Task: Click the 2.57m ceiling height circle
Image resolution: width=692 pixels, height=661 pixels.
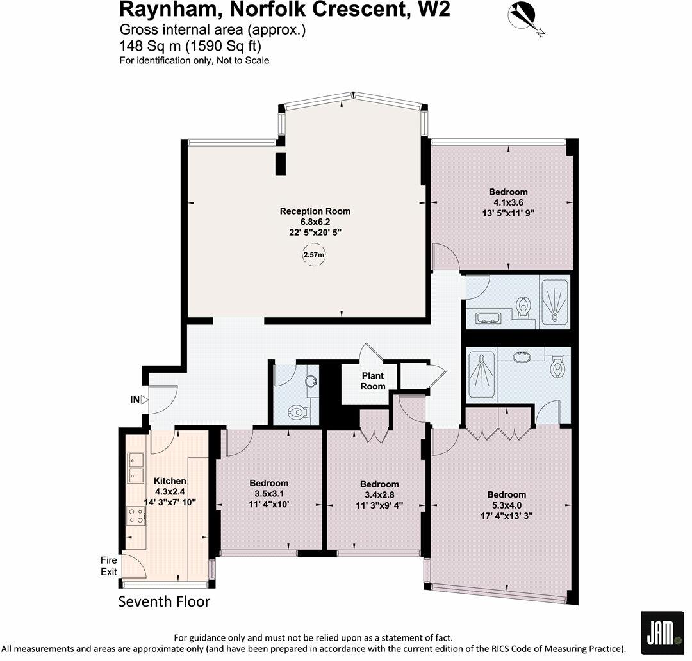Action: [313, 255]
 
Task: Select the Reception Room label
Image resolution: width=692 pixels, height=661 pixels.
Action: [315, 211]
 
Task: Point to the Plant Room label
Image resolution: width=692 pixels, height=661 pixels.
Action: [373, 381]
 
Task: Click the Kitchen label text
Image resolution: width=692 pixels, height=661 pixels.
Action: [170, 481]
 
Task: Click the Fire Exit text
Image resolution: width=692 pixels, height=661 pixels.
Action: [108, 566]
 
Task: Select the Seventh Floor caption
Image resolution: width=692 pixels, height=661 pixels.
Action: [164, 601]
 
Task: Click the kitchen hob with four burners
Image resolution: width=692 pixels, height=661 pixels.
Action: [136, 516]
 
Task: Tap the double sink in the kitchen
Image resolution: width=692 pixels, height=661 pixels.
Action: [136, 467]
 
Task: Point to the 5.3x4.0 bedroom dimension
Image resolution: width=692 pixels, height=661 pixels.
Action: [506, 505]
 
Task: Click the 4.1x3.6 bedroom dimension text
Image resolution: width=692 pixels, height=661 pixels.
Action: [507, 202]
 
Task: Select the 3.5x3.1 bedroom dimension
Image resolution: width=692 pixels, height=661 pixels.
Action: [268, 493]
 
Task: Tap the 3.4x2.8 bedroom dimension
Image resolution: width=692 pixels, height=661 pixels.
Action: [379, 494]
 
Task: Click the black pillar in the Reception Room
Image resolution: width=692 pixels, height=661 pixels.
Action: [280, 164]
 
